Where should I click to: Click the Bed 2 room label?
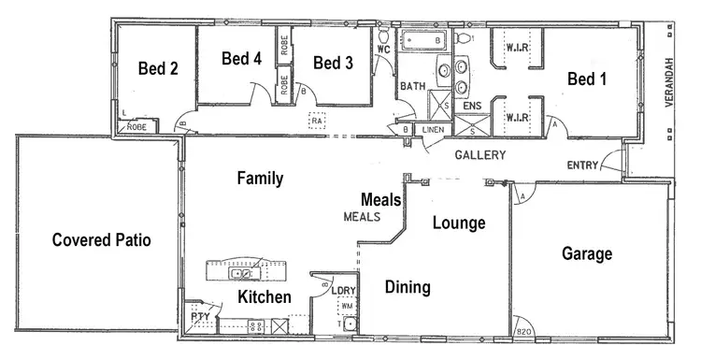pos(158,68)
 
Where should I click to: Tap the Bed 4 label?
pos(241,58)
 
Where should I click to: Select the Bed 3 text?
pos(333,63)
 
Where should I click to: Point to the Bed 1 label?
pos(587,79)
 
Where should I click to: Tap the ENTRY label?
pos(584,166)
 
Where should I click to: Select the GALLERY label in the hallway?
pos(480,155)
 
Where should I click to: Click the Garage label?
pos(587,253)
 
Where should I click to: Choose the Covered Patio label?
pos(101,239)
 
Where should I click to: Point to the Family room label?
pos(260,178)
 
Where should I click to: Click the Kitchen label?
pos(264,297)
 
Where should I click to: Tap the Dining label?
pos(408,287)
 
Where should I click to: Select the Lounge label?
pos(458,223)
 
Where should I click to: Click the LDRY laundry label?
pos(345,291)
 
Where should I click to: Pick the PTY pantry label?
pos(200,317)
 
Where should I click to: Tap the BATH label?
pos(413,86)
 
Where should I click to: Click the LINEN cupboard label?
pos(432,130)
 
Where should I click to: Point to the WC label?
pos(383,48)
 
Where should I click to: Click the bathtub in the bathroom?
pos(426,40)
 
